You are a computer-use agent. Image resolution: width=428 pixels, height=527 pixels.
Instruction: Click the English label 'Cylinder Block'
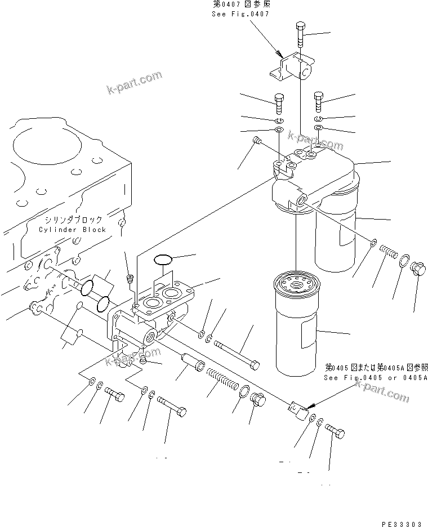(72, 230)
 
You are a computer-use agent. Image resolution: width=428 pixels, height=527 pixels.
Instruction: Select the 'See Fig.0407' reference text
(240, 14)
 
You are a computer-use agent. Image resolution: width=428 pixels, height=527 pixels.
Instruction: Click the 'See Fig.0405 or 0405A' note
(374, 378)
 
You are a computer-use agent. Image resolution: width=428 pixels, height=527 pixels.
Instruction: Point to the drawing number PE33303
(401, 524)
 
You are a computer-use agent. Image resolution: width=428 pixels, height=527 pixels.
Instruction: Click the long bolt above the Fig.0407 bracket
(299, 36)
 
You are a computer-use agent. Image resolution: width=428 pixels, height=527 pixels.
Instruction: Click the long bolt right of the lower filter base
(236, 351)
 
